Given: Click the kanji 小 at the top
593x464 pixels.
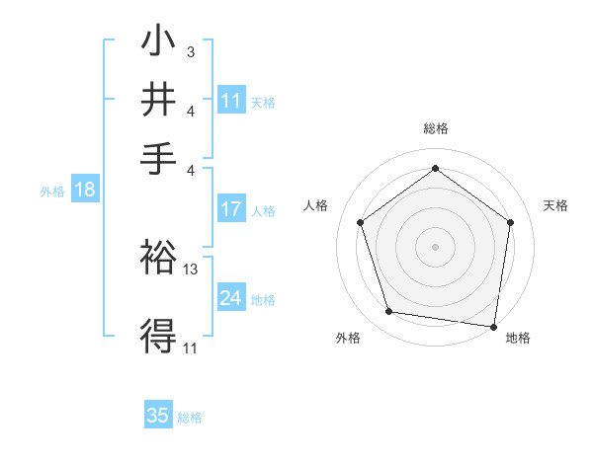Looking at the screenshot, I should coord(158,43).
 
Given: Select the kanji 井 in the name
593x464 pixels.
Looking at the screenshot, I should coord(158,101).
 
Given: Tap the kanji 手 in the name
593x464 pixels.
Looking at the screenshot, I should coord(158,158).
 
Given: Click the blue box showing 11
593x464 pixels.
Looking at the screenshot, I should coord(231,101).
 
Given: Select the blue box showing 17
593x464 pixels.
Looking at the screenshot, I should coord(231,209).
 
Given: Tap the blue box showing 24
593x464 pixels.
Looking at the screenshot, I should coord(231,298).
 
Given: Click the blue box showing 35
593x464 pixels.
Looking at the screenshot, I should coord(158,416).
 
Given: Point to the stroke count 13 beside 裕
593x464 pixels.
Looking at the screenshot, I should coord(191,269).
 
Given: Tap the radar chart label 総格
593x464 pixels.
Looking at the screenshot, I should coord(435,128).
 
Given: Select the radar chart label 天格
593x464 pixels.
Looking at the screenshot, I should coord(555,205).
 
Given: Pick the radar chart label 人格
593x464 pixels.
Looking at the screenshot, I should coord(316,205).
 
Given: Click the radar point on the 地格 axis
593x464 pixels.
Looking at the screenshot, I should coord(494,326).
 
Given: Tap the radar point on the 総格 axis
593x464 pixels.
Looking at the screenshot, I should coord(435,168).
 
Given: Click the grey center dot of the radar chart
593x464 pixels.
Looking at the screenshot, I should coord(435,246).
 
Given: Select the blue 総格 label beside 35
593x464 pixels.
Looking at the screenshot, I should coord(190,418).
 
